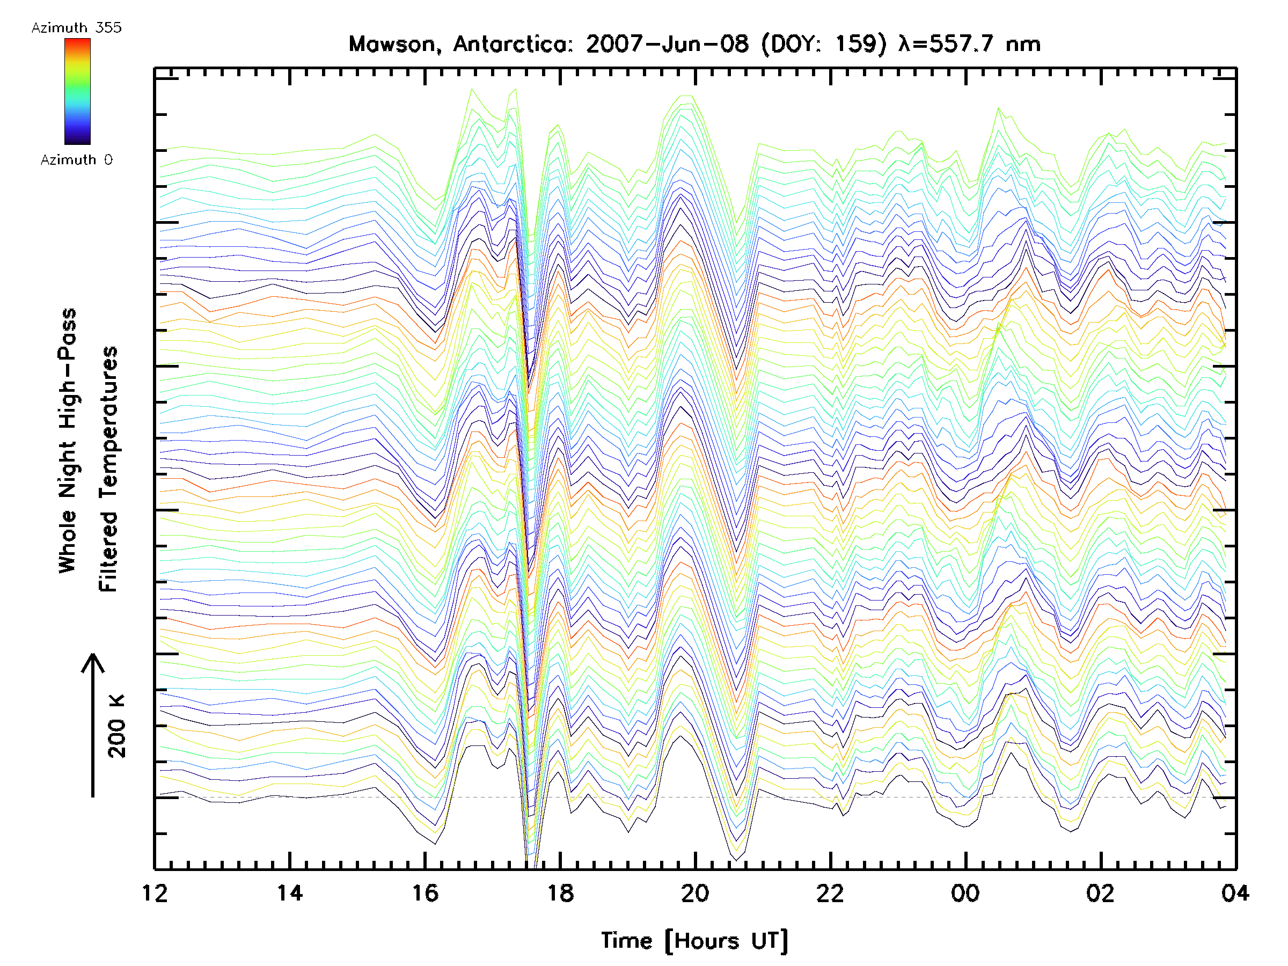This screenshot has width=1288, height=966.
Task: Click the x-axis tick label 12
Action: pyautogui.click(x=155, y=892)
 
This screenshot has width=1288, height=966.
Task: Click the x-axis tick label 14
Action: pyautogui.click(x=289, y=892)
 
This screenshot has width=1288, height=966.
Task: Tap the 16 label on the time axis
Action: pyautogui.click(x=425, y=892)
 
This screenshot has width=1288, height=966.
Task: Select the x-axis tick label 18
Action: pyautogui.click(x=560, y=892)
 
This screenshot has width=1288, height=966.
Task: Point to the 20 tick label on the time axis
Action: pyautogui.click(x=695, y=892)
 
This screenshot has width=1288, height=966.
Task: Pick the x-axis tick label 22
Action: pyautogui.click(x=830, y=892)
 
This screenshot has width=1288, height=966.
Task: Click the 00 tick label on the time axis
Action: pyautogui.click(x=965, y=892)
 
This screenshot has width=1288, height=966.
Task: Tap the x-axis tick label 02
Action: pyautogui.click(x=1101, y=892)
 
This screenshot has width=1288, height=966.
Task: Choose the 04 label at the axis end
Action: pyautogui.click(x=1235, y=892)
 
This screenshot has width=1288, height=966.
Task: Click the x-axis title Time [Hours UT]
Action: pyautogui.click(x=694, y=940)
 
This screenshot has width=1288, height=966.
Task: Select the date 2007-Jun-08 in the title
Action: pyautogui.click(x=667, y=44)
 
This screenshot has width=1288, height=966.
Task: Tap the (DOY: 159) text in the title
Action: pyautogui.click(x=825, y=44)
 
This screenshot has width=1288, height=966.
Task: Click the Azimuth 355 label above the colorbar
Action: pyautogui.click(x=76, y=27)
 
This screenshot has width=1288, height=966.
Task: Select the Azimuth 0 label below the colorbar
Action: pyautogui.click(x=76, y=159)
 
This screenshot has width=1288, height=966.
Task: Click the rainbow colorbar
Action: pyautogui.click(x=77, y=91)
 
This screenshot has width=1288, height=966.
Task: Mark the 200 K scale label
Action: pyautogui.click(x=117, y=726)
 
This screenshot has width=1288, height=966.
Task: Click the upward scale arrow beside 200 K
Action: pyautogui.click(x=93, y=725)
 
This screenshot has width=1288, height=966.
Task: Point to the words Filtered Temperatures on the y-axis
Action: pyautogui.click(x=108, y=469)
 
